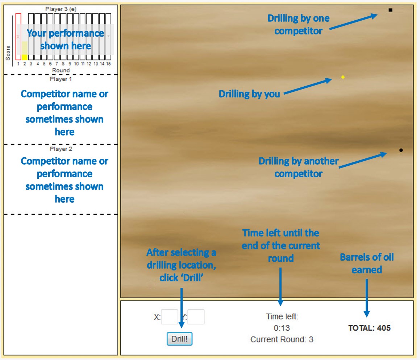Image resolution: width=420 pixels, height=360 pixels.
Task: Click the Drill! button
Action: coord(179,339)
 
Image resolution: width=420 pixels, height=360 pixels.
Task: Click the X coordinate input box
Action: coord(169,317)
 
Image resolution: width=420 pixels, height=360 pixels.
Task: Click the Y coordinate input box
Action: coord(196,317)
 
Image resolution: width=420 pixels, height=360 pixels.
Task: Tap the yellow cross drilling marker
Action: coord(343,77)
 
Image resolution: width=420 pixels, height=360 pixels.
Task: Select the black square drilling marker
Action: coord(390,10)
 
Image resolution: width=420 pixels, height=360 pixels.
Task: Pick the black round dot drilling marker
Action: coord(401,150)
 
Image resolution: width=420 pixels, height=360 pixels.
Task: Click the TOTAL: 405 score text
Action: coord(369,328)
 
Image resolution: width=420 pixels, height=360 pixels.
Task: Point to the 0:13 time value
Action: coord(282,328)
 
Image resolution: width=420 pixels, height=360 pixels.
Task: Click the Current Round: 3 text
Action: coord(282,340)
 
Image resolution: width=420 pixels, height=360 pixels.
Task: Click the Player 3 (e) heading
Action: coord(61,9)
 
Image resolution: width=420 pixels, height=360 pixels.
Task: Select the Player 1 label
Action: coord(61,79)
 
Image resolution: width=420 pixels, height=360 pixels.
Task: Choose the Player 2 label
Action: coord(61,149)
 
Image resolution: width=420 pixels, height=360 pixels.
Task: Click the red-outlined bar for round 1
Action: coord(18,36)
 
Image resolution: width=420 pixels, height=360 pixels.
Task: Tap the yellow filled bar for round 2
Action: coord(25,57)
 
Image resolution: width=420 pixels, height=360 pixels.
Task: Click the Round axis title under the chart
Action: coord(61,70)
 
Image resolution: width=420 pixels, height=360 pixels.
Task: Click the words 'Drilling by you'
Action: coord(249,94)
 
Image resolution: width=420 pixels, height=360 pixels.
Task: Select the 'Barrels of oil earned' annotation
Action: coord(367,264)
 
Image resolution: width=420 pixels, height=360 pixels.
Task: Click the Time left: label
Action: coord(282,316)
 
